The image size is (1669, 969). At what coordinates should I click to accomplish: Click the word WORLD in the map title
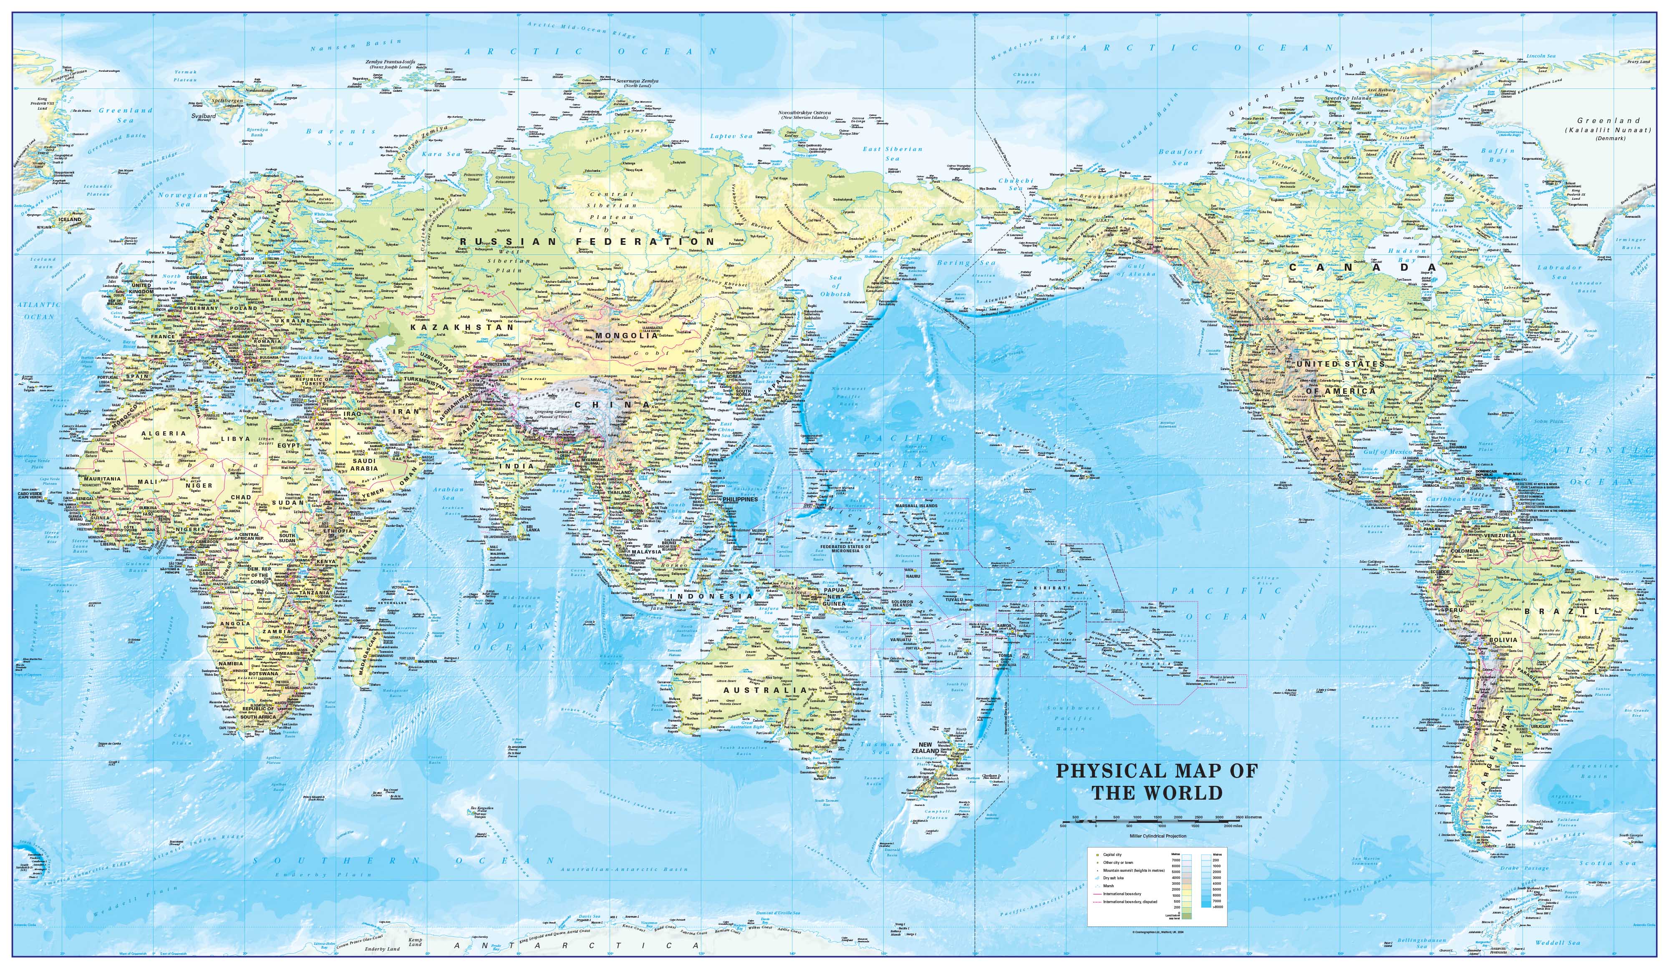point(1190,793)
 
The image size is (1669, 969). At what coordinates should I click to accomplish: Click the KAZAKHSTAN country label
point(462,327)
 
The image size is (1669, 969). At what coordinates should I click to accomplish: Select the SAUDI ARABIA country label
point(363,464)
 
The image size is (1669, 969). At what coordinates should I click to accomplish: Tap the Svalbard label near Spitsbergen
point(204,115)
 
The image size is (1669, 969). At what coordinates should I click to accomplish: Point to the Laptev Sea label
point(731,136)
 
